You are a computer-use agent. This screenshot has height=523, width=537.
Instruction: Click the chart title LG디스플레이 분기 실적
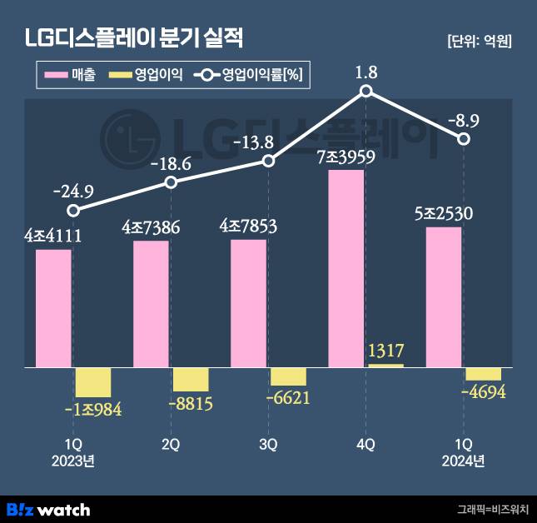[x=135, y=38]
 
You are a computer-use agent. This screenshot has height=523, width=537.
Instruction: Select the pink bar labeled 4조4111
[x=53, y=308]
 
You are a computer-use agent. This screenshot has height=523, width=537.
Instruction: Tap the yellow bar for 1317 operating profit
[x=385, y=365]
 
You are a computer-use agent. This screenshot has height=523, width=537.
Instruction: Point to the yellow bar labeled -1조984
[x=93, y=382]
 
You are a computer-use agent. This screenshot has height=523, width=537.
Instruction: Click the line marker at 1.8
[x=366, y=92]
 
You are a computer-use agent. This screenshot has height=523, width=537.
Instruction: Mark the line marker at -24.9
[x=73, y=211]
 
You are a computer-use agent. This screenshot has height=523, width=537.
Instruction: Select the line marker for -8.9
[x=465, y=139]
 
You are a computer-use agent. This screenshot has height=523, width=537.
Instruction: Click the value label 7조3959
[x=346, y=157]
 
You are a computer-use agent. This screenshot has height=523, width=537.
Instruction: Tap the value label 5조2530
[x=443, y=213]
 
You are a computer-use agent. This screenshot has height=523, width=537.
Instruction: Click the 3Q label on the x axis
[x=268, y=445]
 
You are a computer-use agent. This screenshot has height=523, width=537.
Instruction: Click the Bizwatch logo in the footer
[x=48, y=509]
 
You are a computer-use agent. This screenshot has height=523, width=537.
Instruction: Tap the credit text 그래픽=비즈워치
[x=493, y=509]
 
